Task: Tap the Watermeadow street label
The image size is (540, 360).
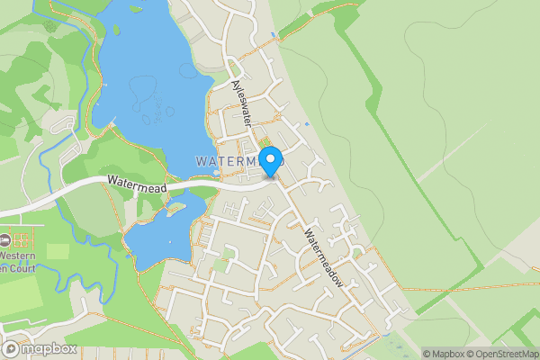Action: click(324, 255)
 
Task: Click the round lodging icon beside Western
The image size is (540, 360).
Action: click(4, 240)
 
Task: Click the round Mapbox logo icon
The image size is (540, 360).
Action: click(12, 348)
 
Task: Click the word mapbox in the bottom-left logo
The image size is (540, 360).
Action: click(49, 349)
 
